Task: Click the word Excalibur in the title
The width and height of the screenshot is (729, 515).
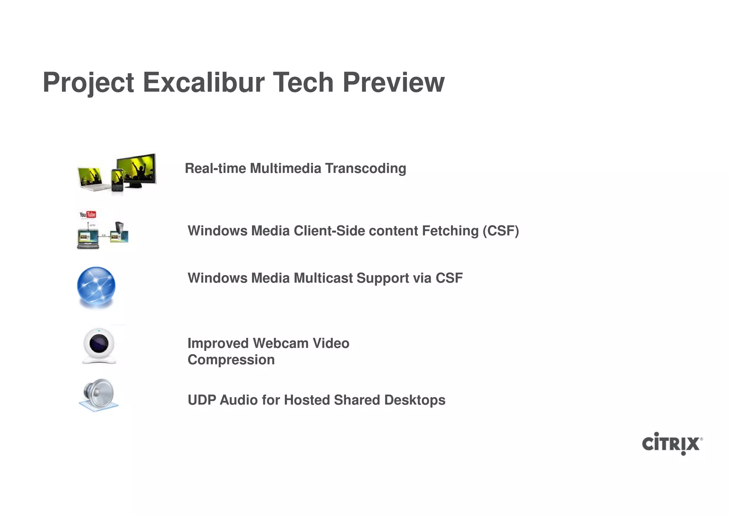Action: pyautogui.click(x=204, y=83)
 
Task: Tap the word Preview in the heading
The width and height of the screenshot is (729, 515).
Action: pyautogui.click(x=393, y=83)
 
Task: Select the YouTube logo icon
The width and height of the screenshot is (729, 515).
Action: pyautogui.click(x=88, y=214)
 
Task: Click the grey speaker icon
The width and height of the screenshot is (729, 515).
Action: pyautogui.click(x=99, y=394)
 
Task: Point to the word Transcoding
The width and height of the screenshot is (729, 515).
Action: pyautogui.click(x=365, y=168)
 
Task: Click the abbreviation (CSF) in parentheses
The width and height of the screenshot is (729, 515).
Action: pyautogui.click(x=500, y=231)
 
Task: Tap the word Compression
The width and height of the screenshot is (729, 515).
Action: pyautogui.click(x=231, y=360)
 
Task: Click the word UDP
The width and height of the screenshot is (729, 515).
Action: pyautogui.click(x=201, y=400)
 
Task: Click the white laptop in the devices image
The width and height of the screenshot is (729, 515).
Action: pyautogui.click(x=90, y=179)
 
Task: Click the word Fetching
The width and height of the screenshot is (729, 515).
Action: pyautogui.click(x=450, y=231)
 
